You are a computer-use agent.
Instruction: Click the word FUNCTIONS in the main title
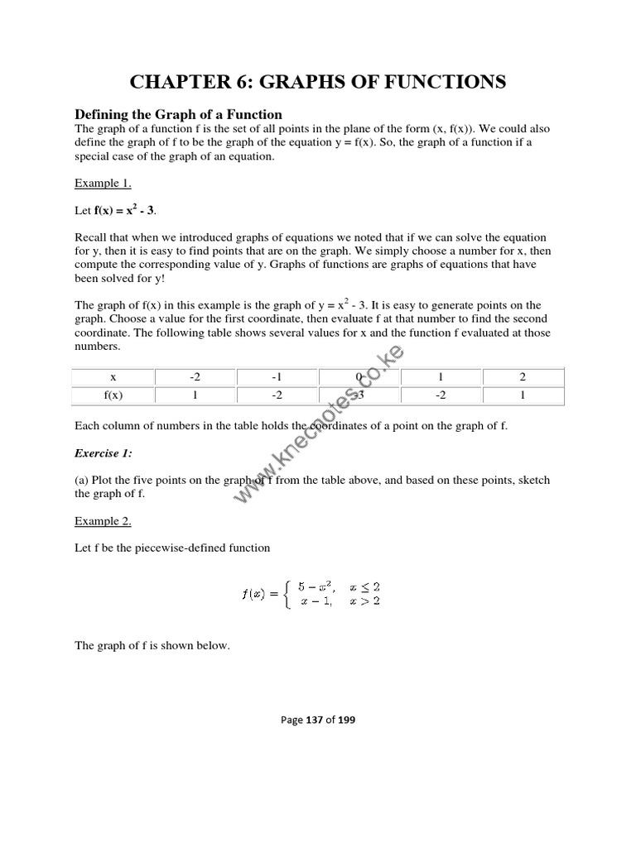pyautogui.click(x=439, y=81)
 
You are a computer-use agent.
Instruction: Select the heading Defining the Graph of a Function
pyautogui.click(x=179, y=114)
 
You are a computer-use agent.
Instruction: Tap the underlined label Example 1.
pyautogui.click(x=103, y=183)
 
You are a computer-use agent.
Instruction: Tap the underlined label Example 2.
pyautogui.click(x=103, y=521)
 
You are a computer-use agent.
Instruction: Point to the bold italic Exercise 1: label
pyautogui.click(x=104, y=453)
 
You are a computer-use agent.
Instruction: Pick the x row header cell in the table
pyautogui.click(x=113, y=376)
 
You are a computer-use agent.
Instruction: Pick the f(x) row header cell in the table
pyautogui.click(x=113, y=395)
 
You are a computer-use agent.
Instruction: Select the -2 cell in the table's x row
pyautogui.click(x=195, y=376)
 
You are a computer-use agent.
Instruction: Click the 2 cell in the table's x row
pyautogui.click(x=523, y=376)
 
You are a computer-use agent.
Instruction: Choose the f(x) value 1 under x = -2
pyautogui.click(x=195, y=395)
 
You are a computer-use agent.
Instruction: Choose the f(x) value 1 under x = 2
pyautogui.click(x=523, y=395)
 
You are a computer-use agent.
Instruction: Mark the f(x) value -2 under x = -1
pyautogui.click(x=277, y=395)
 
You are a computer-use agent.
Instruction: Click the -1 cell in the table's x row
pyautogui.click(x=277, y=376)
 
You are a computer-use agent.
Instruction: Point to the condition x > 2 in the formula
pyautogui.click(x=364, y=601)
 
